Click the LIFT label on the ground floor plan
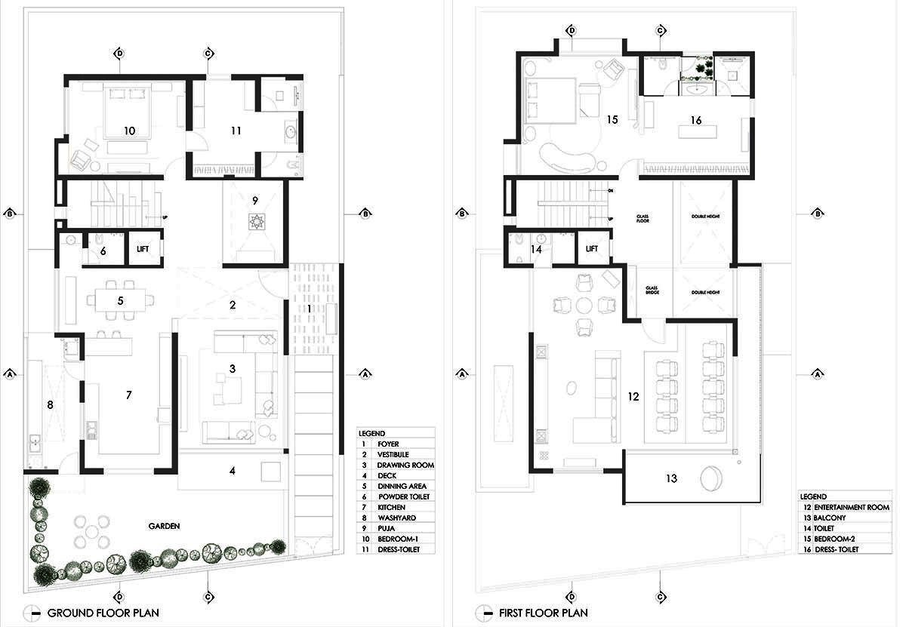tap(143, 248)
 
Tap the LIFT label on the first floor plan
tap(592, 248)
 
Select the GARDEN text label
tap(164, 527)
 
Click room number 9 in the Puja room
tap(255, 200)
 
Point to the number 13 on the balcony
tap(671, 478)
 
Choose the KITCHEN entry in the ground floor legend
tap(392, 508)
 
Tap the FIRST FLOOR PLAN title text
tap(544, 613)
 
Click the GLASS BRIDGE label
tap(652, 291)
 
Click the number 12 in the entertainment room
tap(633, 395)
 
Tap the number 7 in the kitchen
tap(129, 395)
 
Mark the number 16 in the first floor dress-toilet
tap(695, 120)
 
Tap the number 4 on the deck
tap(233, 471)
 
